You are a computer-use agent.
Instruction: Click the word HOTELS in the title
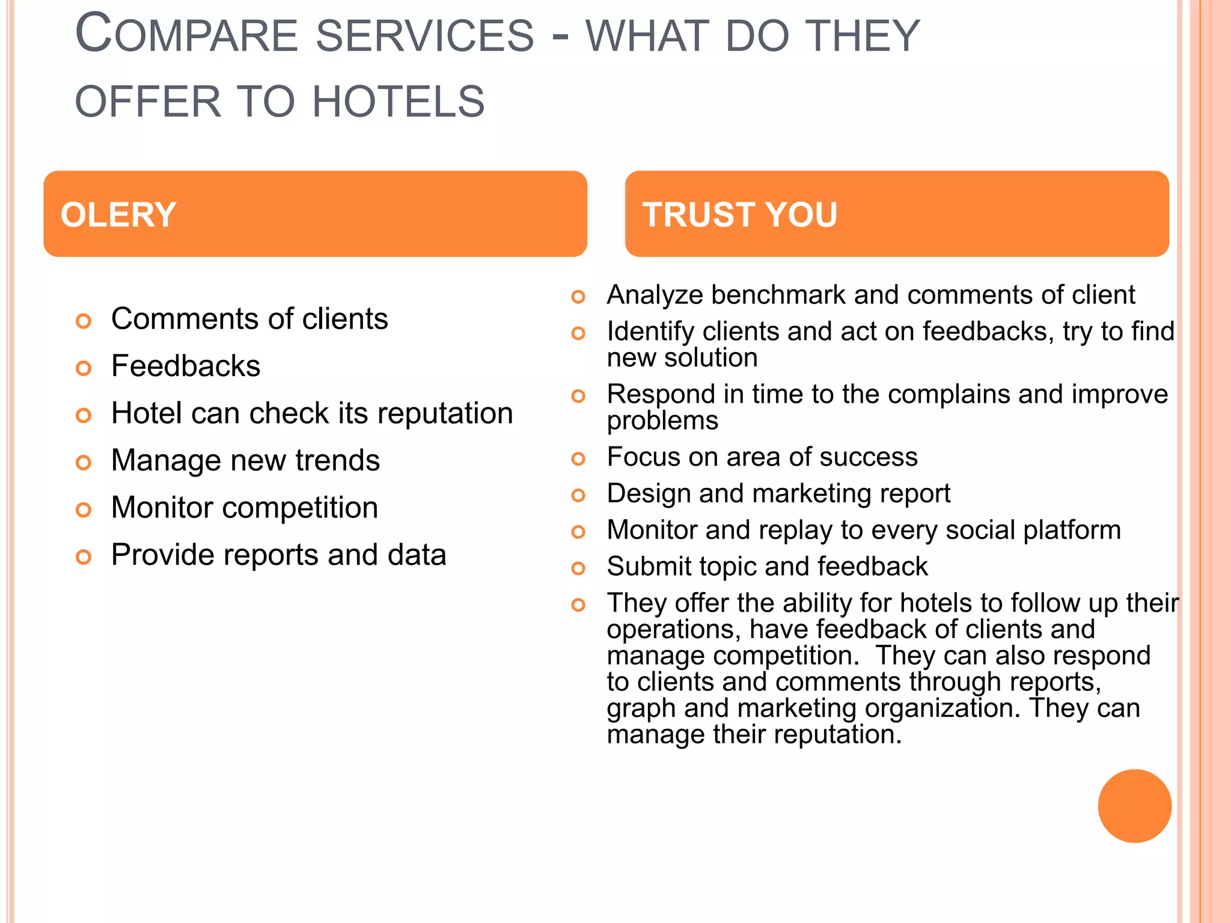(x=398, y=102)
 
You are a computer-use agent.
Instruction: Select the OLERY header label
(x=118, y=215)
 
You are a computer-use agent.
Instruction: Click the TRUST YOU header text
(x=739, y=215)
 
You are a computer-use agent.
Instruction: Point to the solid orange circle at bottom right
(x=1134, y=806)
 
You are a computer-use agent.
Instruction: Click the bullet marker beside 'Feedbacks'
(x=84, y=368)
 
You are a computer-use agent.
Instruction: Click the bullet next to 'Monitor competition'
(x=84, y=510)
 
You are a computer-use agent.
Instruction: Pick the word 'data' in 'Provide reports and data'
(x=417, y=555)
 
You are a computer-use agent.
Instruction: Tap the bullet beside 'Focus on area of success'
(x=578, y=459)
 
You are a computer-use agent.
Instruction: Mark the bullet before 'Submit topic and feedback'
(x=578, y=568)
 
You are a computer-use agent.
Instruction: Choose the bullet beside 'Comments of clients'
(x=84, y=321)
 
